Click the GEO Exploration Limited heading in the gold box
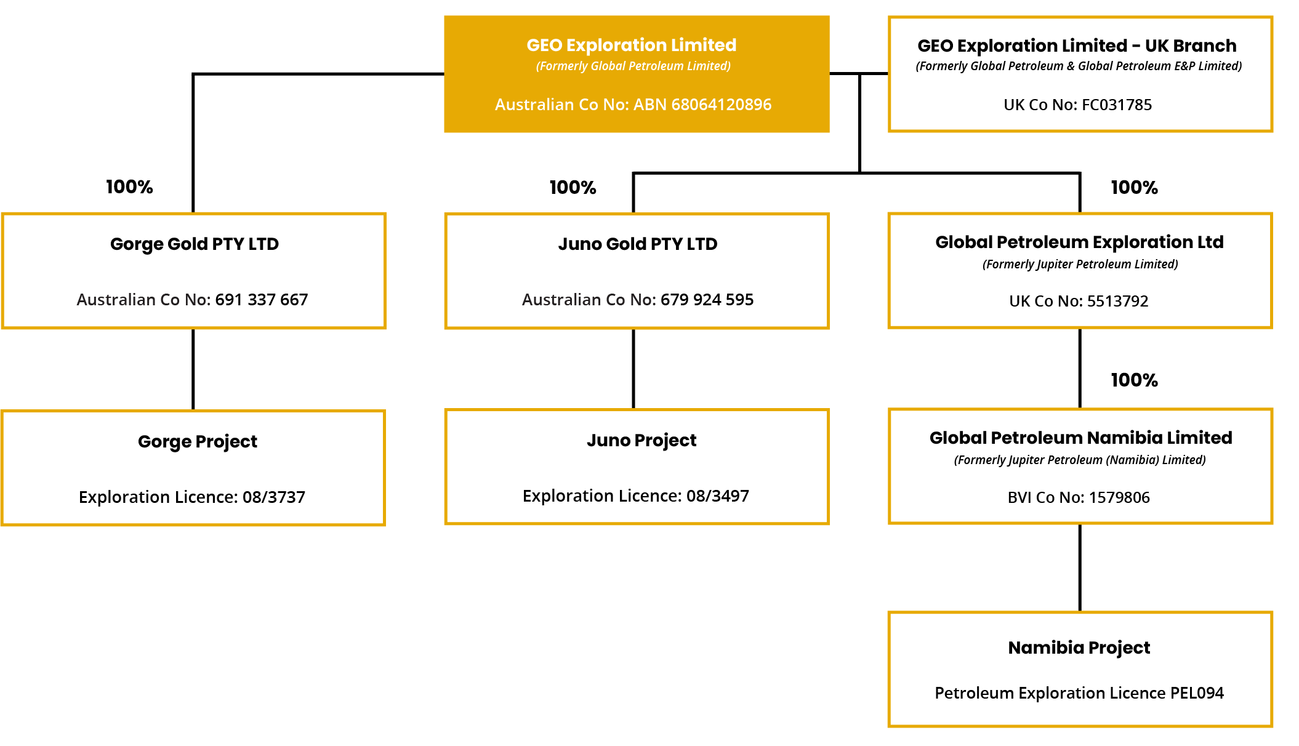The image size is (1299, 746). point(631,46)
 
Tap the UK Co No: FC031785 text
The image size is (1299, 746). point(1077,105)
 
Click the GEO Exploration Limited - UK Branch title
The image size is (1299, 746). point(1077,46)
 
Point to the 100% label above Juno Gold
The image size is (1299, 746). point(573,188)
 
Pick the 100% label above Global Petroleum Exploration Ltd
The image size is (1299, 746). point(1134,188)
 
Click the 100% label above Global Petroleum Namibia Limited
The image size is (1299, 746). point(1134,380)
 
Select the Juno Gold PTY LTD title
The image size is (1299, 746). point(637,244)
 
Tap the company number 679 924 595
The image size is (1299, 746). point(707,300)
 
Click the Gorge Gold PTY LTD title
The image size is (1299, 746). point(194,244)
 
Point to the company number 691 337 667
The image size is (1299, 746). point(261,300)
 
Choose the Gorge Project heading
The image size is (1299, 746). point(197,441)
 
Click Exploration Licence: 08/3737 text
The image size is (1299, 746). point(191,497)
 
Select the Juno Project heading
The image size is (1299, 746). point(641,441)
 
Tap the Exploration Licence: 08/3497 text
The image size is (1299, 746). point(635,496)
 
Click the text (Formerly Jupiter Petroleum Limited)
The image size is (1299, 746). point(1080,265)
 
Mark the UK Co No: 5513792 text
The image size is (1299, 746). point(1079,302)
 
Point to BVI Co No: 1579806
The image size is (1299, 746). point(1079,497)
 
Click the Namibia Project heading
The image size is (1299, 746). point(1079,648)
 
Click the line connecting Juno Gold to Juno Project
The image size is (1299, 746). point(633,369)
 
